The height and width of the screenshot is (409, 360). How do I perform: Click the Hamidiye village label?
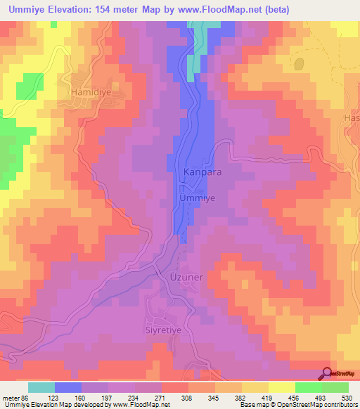tap(91, 91)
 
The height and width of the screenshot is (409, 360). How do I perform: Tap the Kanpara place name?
tap(202, 171)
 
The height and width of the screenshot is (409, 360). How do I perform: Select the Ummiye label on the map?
tap(198, 198)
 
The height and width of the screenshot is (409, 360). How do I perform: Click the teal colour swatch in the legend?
tap(41, 387)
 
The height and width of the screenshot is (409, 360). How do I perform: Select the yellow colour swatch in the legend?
tap(281, 387)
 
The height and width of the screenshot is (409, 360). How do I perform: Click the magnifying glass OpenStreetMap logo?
tap(328, 373)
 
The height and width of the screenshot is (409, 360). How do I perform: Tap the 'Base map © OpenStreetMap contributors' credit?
tap(298, 404)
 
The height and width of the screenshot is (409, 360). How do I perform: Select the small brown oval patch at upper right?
tap(300, 64)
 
